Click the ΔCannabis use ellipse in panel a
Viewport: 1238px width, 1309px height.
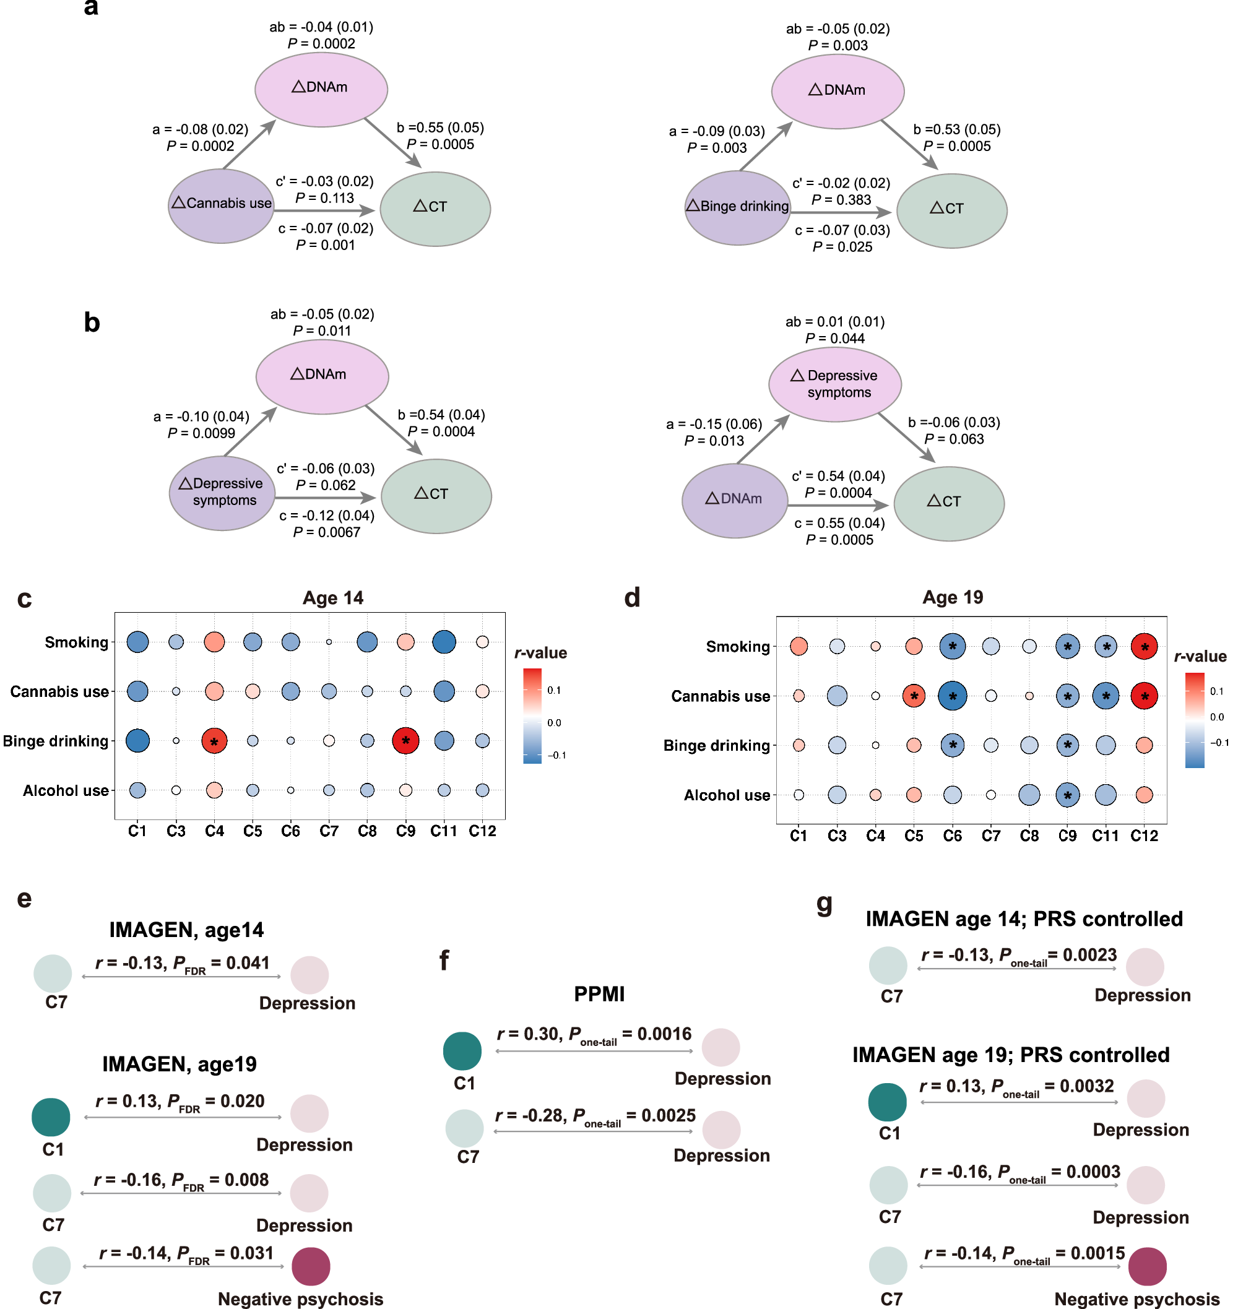tap(221, 206)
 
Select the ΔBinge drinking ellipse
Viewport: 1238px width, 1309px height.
tap(738, 208)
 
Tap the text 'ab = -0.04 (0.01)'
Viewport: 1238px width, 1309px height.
tap(321, 27)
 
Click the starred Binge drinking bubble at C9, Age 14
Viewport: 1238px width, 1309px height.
tap(405, 741)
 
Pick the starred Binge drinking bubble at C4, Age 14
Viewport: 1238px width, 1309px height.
tap(214, 741)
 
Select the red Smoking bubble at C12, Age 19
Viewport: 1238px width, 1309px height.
tap(1144, 647)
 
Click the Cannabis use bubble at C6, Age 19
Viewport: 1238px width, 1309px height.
tap(952, 696)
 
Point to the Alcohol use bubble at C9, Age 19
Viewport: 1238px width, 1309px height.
tap(1067, 795)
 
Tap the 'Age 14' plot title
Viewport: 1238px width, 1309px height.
tap(332, 598)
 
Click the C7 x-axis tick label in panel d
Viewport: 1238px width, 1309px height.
tap(990, 836)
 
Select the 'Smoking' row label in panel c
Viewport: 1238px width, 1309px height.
tap(76, 642)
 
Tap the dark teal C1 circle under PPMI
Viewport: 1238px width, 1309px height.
tap(462, 1050)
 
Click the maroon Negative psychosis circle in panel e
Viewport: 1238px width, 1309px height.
tap(310, 1266)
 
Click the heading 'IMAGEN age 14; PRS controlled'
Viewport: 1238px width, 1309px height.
tap(1024, 919)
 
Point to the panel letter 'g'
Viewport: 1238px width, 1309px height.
tap(825, 902)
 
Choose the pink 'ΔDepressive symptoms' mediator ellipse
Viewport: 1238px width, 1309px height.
tap(835, 384)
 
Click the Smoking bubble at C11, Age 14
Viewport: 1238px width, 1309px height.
tap(443, 641)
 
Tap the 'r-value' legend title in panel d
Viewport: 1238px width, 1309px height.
tap(1200, 657)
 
